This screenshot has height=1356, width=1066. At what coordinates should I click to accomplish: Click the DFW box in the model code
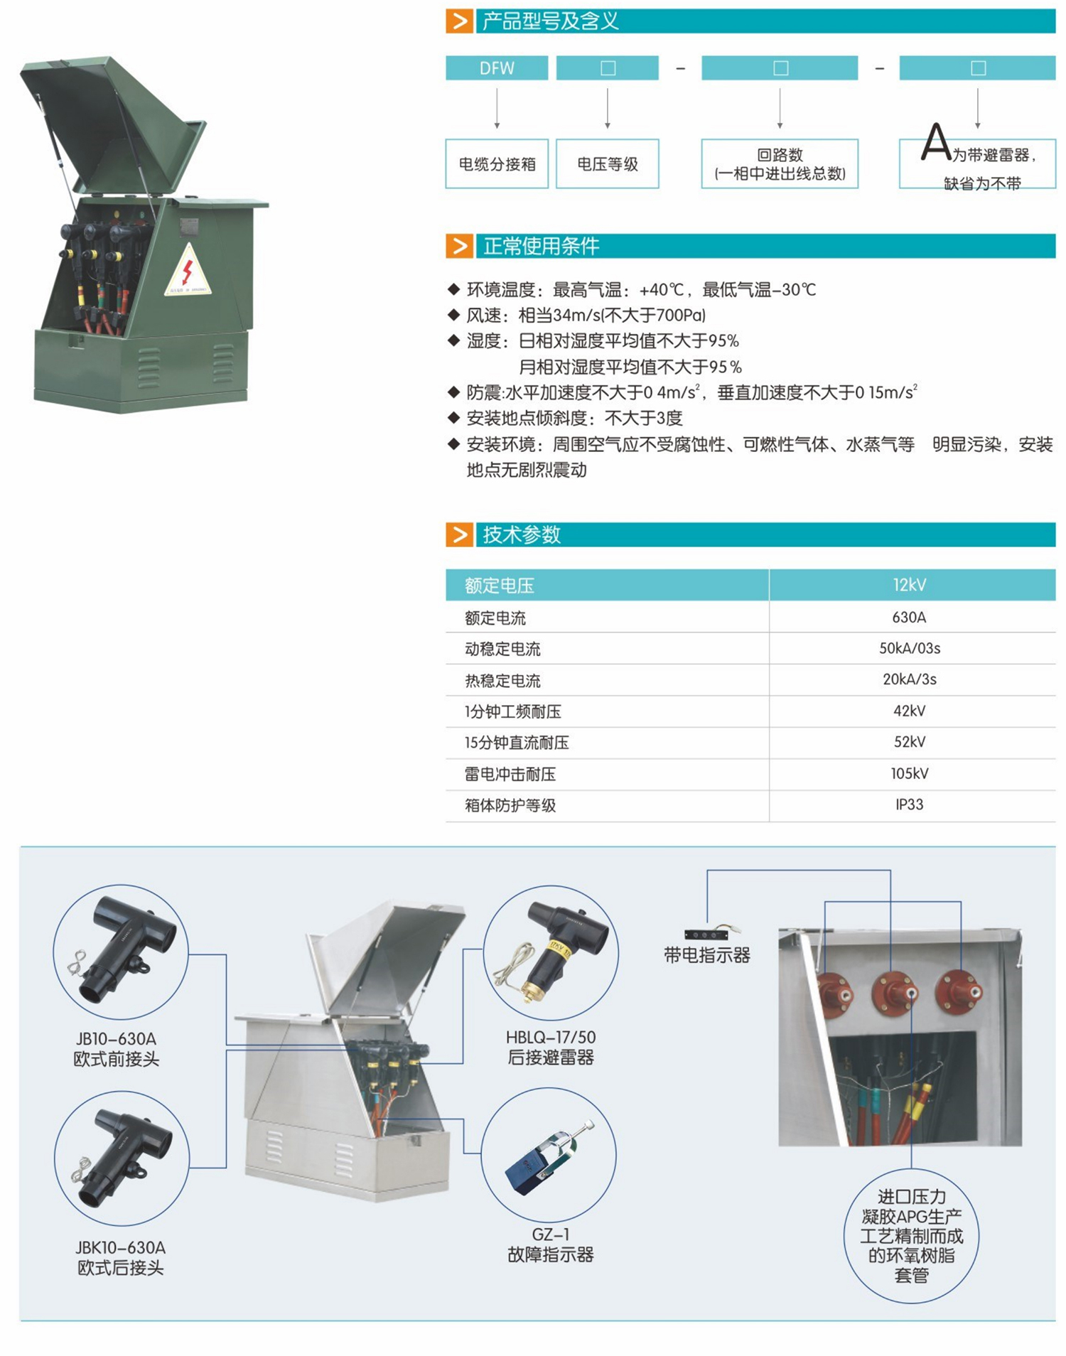coord(497,68)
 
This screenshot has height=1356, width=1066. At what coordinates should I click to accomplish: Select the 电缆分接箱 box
coord(497,164)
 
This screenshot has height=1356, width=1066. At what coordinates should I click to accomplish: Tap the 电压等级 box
coord(608,164)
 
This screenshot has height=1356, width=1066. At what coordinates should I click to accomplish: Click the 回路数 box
coord(780,164)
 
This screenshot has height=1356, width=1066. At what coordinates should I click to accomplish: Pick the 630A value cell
coord(910,617)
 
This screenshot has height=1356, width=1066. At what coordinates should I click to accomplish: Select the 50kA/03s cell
coord(910,648)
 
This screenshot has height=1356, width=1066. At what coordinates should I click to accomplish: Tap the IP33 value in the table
coord(910,805)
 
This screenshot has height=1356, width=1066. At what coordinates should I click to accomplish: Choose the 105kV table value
coord(910,773)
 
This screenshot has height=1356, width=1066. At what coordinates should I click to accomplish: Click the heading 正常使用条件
coord(542,247)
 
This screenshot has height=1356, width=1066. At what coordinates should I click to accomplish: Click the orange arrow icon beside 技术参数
coord(459,534)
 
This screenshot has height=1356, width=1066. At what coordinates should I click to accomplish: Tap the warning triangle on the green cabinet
coord(188,271)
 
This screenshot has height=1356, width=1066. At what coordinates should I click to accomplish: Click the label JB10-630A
coord(116,1039)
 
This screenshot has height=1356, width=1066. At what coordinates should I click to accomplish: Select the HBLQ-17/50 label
coord(551,1038)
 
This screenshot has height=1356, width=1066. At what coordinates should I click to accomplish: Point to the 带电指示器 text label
coord(707,955)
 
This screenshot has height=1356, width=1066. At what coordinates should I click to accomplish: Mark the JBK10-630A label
coord(120,1247)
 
